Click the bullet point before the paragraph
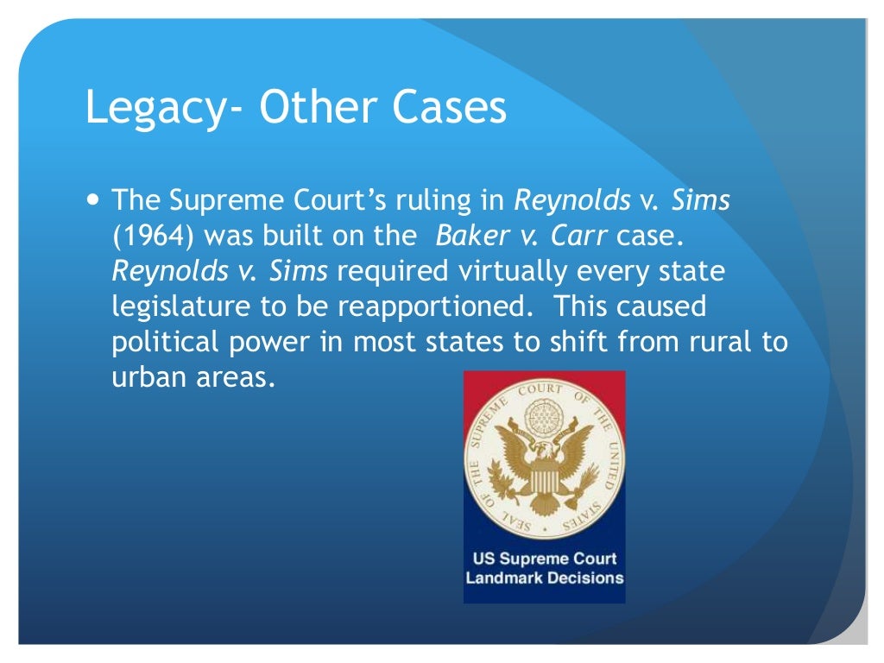(94, 200)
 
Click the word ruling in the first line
(440, 201)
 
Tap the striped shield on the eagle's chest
(544, 473)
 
